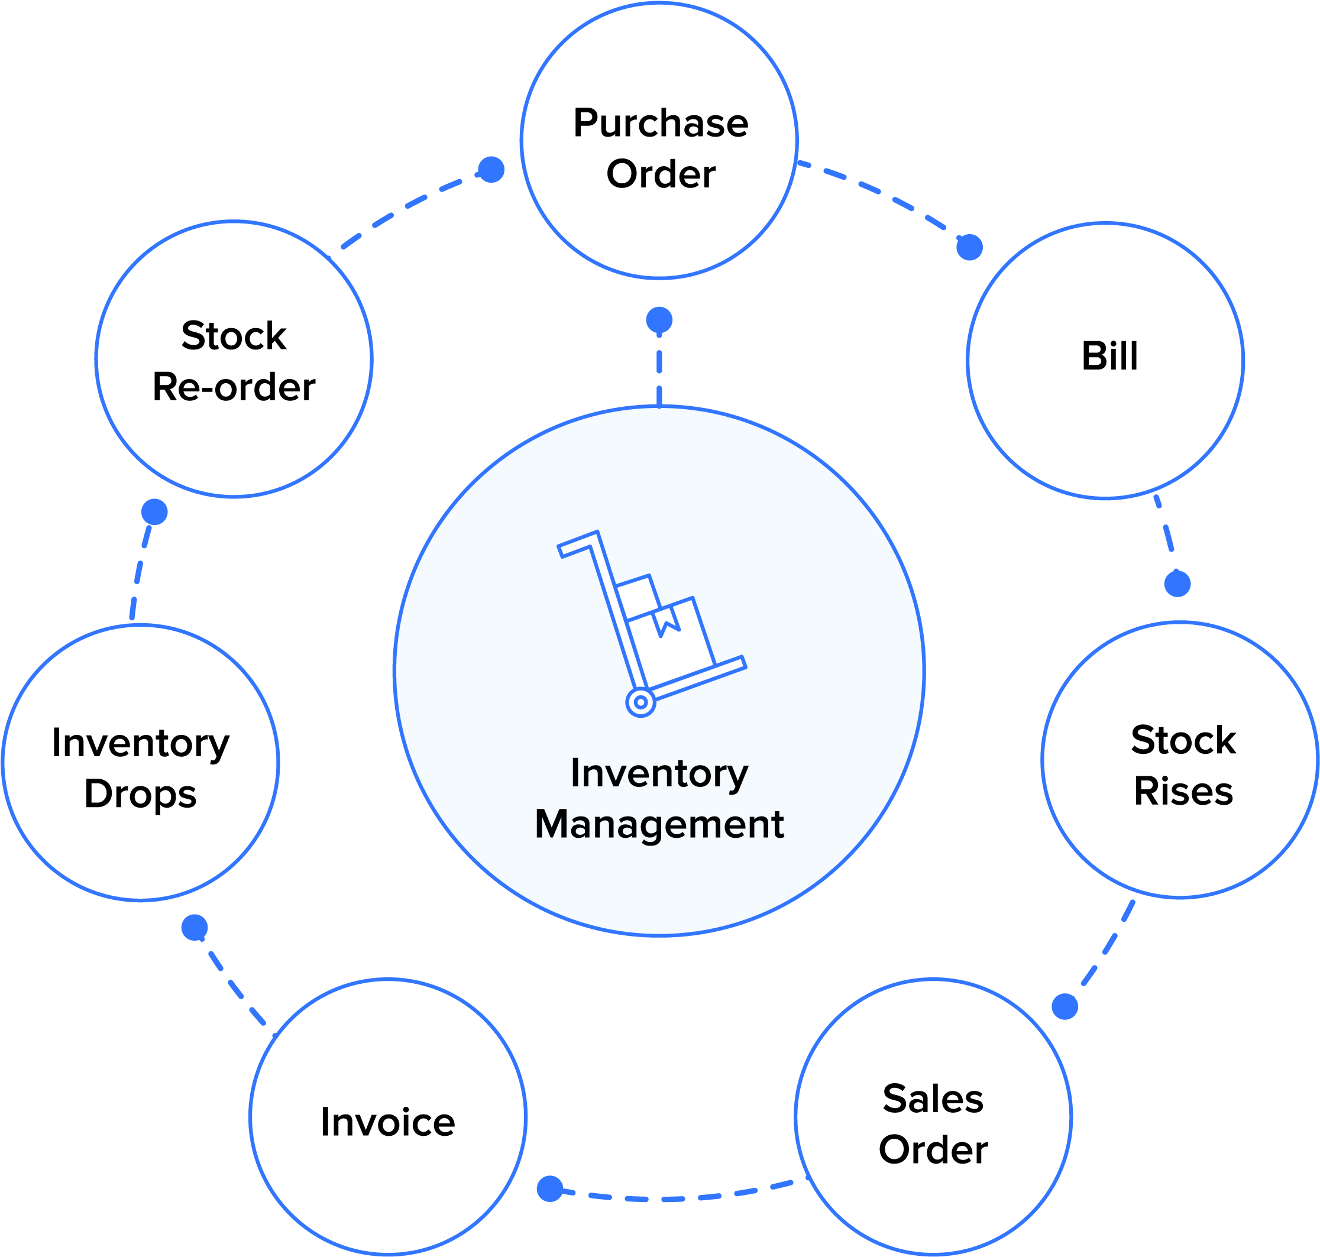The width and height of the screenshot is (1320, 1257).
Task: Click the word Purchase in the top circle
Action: click(661, 124)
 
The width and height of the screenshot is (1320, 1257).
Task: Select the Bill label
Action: click(1109, 356)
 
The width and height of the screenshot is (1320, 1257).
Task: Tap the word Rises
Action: click(1183, 791)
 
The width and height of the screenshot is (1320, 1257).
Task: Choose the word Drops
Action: click(140, 795)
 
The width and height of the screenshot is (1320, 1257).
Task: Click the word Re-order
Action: click(234, 387)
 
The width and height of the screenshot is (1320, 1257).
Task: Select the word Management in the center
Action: click(659, 824)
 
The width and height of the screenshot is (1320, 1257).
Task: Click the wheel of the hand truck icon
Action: click(640, 702)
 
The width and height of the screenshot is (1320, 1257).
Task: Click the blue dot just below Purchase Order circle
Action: click(659, 320)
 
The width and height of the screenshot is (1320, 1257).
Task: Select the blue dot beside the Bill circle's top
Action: click(969, 247)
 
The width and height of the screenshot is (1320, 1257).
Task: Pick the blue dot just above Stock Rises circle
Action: click(1177, 583)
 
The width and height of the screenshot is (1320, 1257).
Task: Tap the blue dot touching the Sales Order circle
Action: click(1065, 1006)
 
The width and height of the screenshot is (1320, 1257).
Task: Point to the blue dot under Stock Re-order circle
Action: click(155, 512)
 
